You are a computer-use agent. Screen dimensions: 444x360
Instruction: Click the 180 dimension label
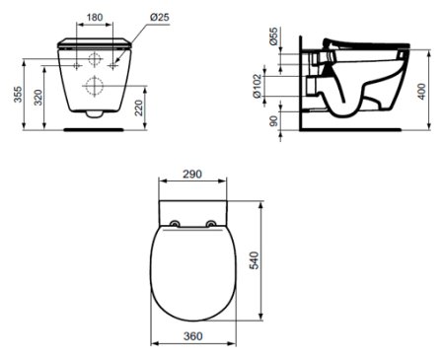click(95, 17)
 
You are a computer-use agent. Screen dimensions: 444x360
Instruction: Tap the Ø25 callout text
click(160, 17)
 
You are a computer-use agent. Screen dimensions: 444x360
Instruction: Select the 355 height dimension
click(18, 94)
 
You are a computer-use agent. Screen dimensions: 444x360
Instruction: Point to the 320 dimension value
click(38, 98)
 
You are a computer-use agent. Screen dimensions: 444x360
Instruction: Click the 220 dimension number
click(139, 108)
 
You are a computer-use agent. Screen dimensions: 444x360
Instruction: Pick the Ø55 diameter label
click(273, 36)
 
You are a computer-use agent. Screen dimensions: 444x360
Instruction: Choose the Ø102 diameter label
click(258, 86)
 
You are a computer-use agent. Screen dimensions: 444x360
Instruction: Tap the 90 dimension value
click(273, 120)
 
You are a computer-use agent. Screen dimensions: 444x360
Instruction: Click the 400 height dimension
click(421, 91)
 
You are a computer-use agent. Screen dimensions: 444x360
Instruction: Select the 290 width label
click(192, 175)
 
